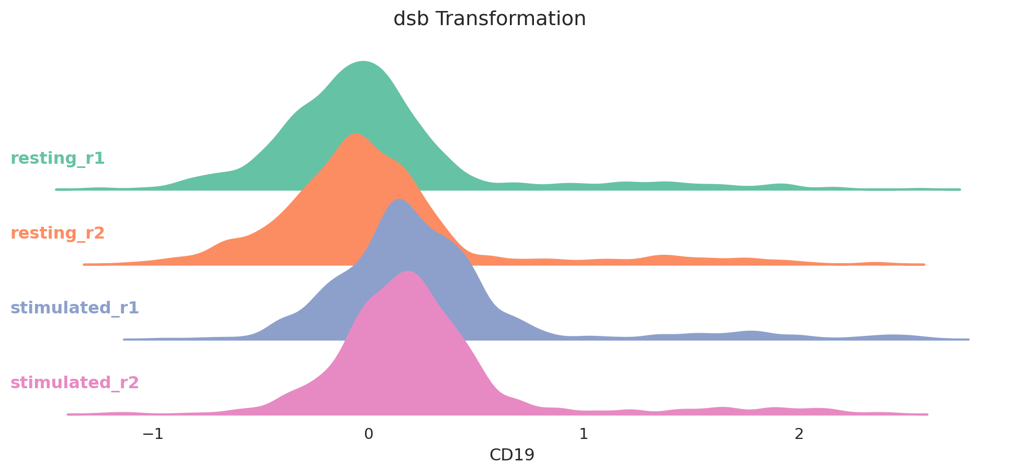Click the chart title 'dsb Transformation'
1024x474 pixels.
[490, 19]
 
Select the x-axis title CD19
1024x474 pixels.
[512, 455]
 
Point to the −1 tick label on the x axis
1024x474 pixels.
[153, 434]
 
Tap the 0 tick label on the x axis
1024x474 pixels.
[369, 434]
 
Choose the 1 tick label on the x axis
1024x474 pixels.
[584, 434]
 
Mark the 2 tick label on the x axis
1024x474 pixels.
[799, 434]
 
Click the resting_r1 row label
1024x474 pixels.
[58, 159]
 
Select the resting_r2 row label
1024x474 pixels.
[58, 233]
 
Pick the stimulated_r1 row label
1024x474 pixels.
[75, 308]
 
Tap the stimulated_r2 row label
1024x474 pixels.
[75, 383]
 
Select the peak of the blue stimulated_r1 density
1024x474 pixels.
[399, 199]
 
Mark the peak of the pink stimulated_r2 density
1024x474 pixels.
[407, 272]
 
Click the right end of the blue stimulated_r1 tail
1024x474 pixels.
[968, 340]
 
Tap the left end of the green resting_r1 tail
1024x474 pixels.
[56, 189]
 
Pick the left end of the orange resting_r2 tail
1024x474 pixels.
[84, 264]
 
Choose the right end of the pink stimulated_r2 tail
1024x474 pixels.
[927, 414]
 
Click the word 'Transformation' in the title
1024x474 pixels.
[511, 19]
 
